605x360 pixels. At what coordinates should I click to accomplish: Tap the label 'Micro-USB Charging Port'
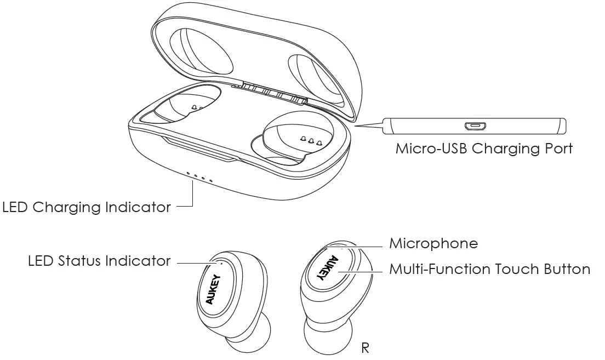[x=484, y=148]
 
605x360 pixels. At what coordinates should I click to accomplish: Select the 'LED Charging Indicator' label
[x=86, y=208]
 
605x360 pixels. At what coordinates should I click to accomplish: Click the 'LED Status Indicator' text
[x=99, y=261]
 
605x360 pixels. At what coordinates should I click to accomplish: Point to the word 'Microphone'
[x=433, y=243]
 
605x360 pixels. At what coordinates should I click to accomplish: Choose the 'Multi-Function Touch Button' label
[x=489, y=270]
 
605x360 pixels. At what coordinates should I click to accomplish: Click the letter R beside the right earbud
[x=366, y=347]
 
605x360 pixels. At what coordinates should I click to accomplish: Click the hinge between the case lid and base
[x=269, y=92]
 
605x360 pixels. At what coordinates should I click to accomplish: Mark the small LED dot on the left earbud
[x=222, y=262]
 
